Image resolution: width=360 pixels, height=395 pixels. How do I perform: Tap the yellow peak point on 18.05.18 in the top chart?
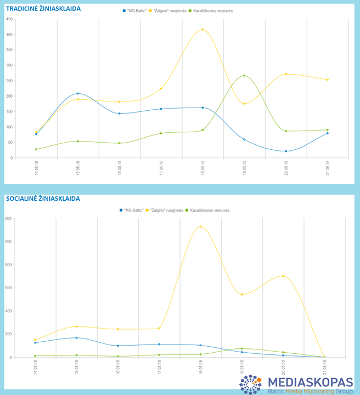203,30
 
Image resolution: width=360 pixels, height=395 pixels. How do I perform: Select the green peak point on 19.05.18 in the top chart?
244,76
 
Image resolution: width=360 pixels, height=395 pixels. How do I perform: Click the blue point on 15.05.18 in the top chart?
78,93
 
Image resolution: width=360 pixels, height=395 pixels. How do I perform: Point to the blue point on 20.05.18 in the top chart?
286,151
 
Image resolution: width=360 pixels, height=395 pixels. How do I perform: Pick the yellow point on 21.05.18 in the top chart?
328,80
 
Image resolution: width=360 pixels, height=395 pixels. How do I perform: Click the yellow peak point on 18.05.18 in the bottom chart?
200,227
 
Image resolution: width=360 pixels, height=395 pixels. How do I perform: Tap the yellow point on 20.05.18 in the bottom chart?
283,276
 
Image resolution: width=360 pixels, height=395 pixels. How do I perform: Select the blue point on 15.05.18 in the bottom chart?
76,338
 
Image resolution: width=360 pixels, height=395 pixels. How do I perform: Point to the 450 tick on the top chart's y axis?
9,19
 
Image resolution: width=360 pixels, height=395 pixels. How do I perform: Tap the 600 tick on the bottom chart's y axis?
8,287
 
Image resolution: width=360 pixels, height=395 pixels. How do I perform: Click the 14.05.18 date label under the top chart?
36,166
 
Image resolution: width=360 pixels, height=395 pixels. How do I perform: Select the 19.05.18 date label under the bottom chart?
242,365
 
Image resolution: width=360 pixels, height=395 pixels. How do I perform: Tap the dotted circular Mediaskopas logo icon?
251,385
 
